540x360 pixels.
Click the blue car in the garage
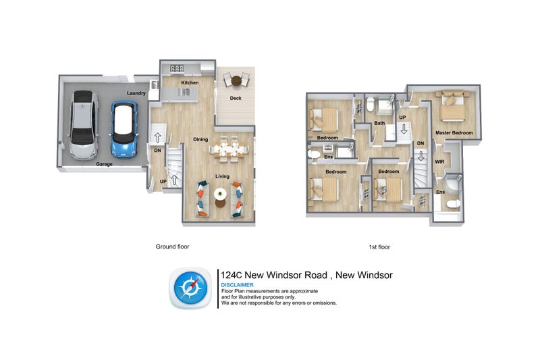coord(124,128)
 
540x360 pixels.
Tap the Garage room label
coord(103,163)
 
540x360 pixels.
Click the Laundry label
coord(136,93)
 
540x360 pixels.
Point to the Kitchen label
coord(189,82)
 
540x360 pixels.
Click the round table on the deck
coord(236,82)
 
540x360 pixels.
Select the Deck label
coord(235,99)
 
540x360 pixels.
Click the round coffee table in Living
coord(221,196)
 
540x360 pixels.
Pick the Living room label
coord(222,176)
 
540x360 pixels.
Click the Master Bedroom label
coord(454,132)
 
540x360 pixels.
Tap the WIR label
coord(439,162)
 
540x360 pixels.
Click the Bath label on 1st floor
coord(379,123)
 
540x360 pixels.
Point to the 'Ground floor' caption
coord(172,247)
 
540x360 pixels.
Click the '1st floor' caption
coord(379,247)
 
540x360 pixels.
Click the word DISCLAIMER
coord(237,285)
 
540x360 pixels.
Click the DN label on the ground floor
coord(157,151)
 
